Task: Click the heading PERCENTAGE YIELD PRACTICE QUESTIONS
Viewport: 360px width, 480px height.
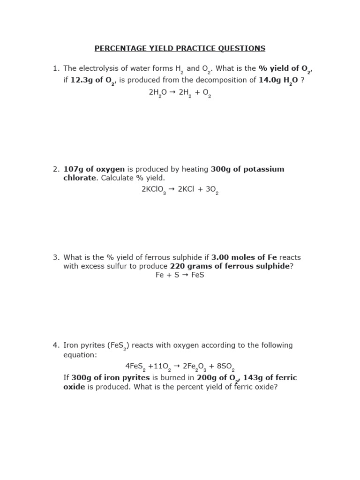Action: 180,48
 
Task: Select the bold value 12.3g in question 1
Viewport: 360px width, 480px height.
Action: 80,80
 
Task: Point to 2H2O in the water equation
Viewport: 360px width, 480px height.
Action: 158,93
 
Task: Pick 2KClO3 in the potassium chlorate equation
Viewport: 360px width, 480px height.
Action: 154,190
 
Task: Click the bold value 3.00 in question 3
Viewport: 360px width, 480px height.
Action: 220,257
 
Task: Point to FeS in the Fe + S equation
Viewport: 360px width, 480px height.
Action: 198,275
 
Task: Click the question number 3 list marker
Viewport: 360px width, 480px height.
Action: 56,257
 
